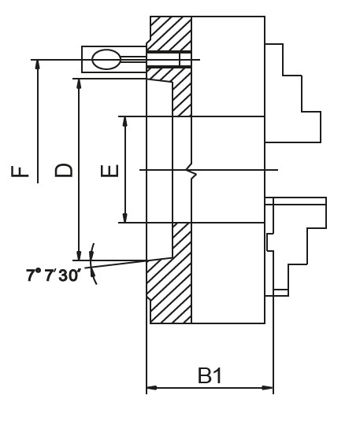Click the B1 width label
coord(210,376)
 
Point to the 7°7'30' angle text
coord(53,275)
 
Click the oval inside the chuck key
coord(106,59)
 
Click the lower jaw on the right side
coord(295,244)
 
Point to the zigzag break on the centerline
coord(190,170)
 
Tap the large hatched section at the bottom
coord(169,291)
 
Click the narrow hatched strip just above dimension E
coord(182,94)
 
